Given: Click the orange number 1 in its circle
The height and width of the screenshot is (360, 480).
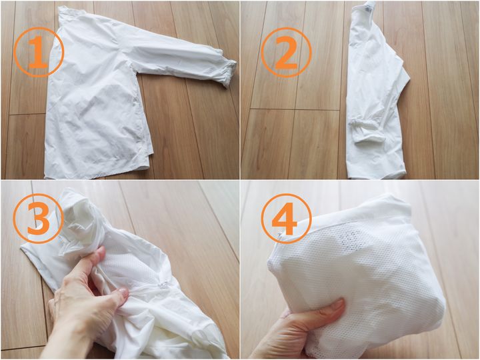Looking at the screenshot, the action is pos(39,52).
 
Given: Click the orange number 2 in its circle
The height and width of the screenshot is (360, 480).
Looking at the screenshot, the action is pos(286,53).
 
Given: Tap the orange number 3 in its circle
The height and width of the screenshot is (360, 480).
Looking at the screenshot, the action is pos(39,217).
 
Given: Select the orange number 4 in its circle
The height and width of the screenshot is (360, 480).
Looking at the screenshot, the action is pos(285,219).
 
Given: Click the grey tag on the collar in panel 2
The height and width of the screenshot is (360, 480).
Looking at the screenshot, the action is pos(367,10).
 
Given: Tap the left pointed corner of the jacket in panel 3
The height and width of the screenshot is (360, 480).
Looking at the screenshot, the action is pos(23,247).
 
